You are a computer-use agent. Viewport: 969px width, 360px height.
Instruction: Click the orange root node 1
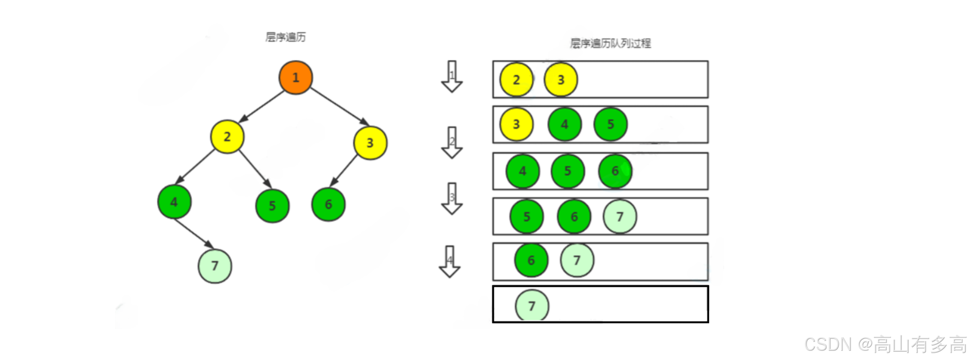(295, 78)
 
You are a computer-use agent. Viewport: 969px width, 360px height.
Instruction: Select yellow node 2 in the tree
(227, 137)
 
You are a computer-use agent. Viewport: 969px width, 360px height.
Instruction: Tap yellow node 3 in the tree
(370, 143)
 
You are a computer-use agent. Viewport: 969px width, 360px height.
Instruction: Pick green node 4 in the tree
(174, 202)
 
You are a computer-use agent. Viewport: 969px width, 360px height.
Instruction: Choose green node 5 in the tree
(272, 206)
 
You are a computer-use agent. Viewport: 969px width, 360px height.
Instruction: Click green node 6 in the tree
(328, 204)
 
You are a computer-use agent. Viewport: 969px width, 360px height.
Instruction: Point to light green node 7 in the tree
(215, 266)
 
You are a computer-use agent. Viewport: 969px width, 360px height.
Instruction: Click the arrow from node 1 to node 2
(261, 107)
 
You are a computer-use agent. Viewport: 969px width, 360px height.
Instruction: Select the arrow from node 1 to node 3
(340, 107)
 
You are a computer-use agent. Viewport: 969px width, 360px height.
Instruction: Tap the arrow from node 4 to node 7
(194, 234)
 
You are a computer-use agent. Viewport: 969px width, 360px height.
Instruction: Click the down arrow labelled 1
(452, 77)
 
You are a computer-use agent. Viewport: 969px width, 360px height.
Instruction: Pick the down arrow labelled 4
(450, 262)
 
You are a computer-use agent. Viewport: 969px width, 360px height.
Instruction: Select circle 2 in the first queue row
(516, 80)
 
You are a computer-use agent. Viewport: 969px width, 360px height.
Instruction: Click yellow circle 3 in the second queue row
(516, 124)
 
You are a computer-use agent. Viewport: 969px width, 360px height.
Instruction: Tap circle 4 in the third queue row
(523, 171)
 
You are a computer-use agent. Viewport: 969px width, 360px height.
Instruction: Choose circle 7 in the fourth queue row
(620, 216)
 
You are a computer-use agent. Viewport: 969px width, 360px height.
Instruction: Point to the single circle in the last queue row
(532, 306)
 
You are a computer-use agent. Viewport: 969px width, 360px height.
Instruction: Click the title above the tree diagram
(285, 37)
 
